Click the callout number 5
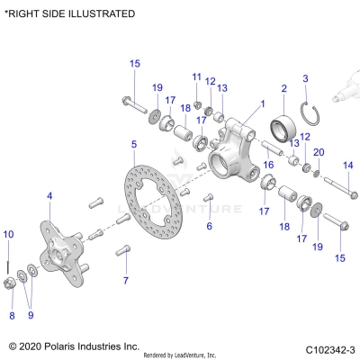[133, 144]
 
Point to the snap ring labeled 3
[308, 113]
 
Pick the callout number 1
[263, 103]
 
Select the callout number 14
[348, 165]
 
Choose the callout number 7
[126, 281]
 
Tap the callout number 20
[318, 151]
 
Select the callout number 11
[196, 76]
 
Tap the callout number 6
[209, 226]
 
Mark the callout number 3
[305, 79]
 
